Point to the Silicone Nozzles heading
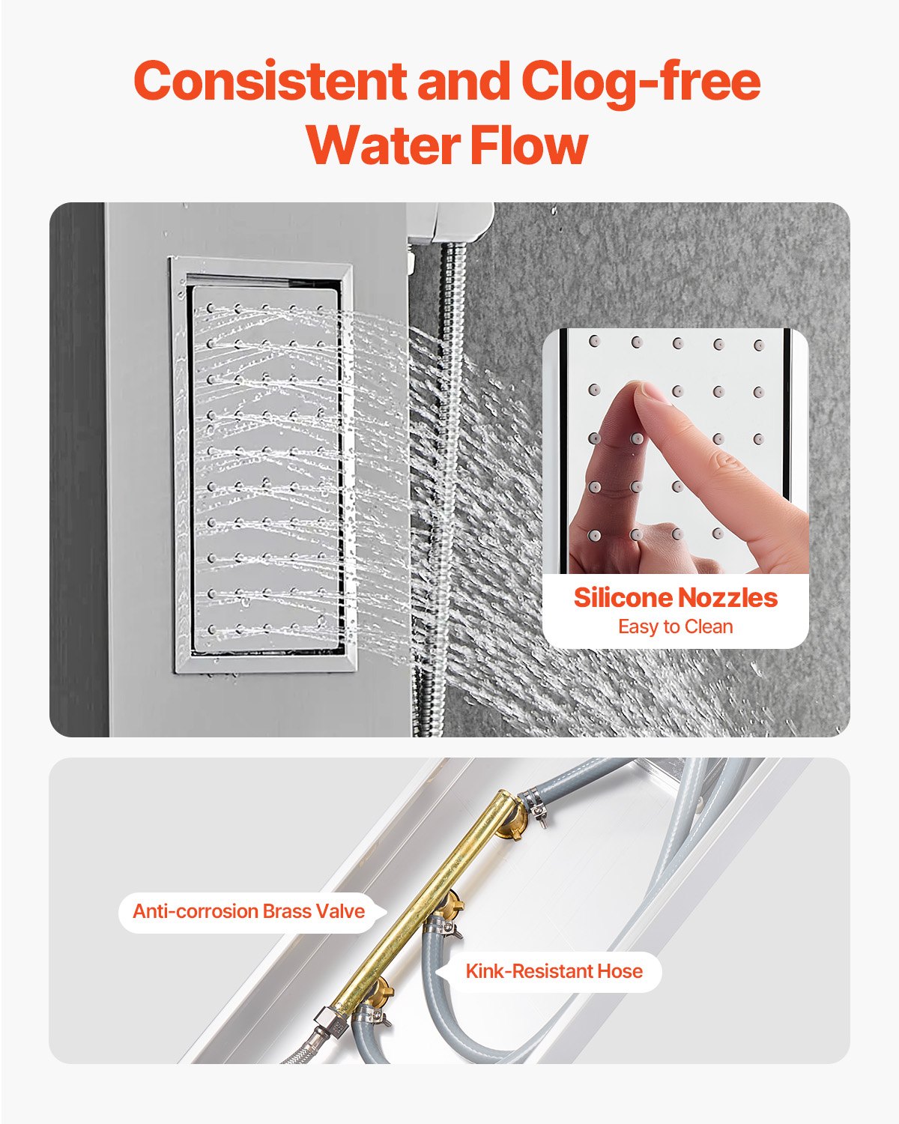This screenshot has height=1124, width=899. point(675,598)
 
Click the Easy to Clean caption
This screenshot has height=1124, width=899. point(675,627)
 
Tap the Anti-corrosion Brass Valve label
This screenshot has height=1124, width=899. point(248,911)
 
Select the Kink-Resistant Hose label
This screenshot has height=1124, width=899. point(554,972)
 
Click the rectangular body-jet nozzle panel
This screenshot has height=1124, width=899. point(262,465)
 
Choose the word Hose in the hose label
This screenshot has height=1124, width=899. point(619,972)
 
